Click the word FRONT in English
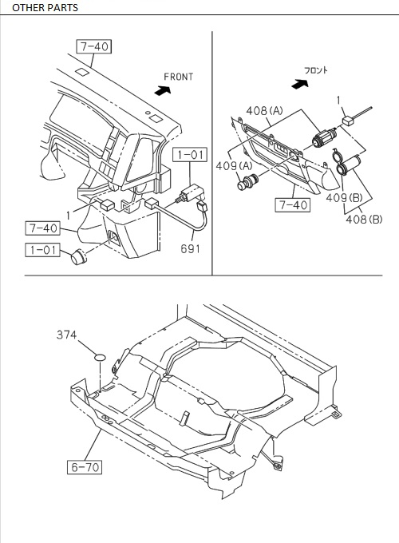[x=180, y=77]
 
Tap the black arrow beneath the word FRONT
[x=163, y=91]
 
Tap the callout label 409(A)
[x=234, y=165]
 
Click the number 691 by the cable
[x=190, y=248]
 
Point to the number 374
[x=67, y=336]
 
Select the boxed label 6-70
[x=83, y=467]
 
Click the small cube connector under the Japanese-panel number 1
[x=348, y=121]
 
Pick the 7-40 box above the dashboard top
[x=94, y=46]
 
